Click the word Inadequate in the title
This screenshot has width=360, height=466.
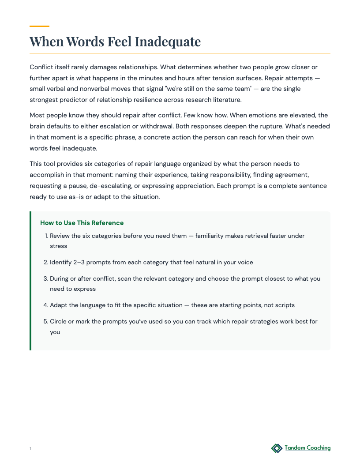168,42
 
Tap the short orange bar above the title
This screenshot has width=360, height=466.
39,26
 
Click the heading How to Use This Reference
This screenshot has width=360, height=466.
82,223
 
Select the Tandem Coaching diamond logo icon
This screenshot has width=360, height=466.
277,448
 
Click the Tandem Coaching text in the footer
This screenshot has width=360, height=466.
307,448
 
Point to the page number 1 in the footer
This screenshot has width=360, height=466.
30,449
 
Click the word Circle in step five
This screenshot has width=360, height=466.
59,322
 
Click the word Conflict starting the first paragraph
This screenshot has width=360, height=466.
42,68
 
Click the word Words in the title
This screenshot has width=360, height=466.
85,42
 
